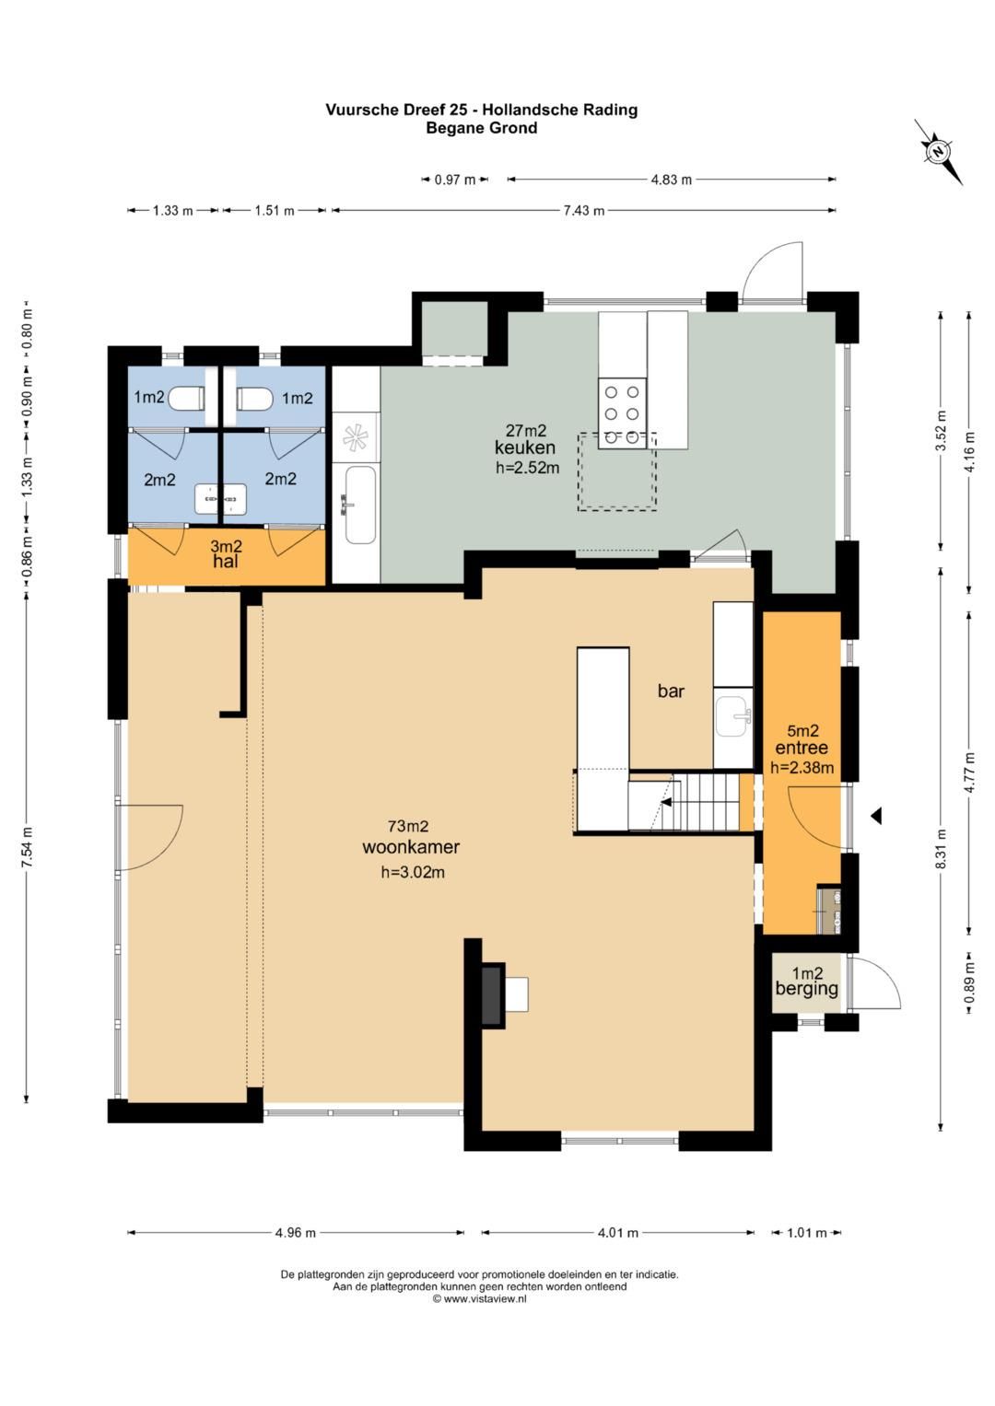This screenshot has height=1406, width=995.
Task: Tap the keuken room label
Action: point(524,447)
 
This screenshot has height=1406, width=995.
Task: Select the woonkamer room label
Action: point(411,847)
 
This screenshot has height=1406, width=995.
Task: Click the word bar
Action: point(671,691)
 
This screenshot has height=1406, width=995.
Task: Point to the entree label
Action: point(802,748)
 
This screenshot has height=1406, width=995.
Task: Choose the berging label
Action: point(806,989)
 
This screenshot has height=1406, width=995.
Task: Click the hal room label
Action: point(226,561)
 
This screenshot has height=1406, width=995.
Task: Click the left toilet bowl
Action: point(188,398)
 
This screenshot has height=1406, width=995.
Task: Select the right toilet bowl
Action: point(254,398)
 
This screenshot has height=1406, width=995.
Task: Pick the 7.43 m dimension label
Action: point(583,210)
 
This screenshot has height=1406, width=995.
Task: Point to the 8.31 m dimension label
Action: point(941,849)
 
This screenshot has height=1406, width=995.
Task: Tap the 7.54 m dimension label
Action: point(27,847)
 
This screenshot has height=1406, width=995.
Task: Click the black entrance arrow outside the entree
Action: point(876,816)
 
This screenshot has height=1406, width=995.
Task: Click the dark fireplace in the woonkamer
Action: point(492,994)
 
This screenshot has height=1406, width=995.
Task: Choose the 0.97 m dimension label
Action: point(455,180)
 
